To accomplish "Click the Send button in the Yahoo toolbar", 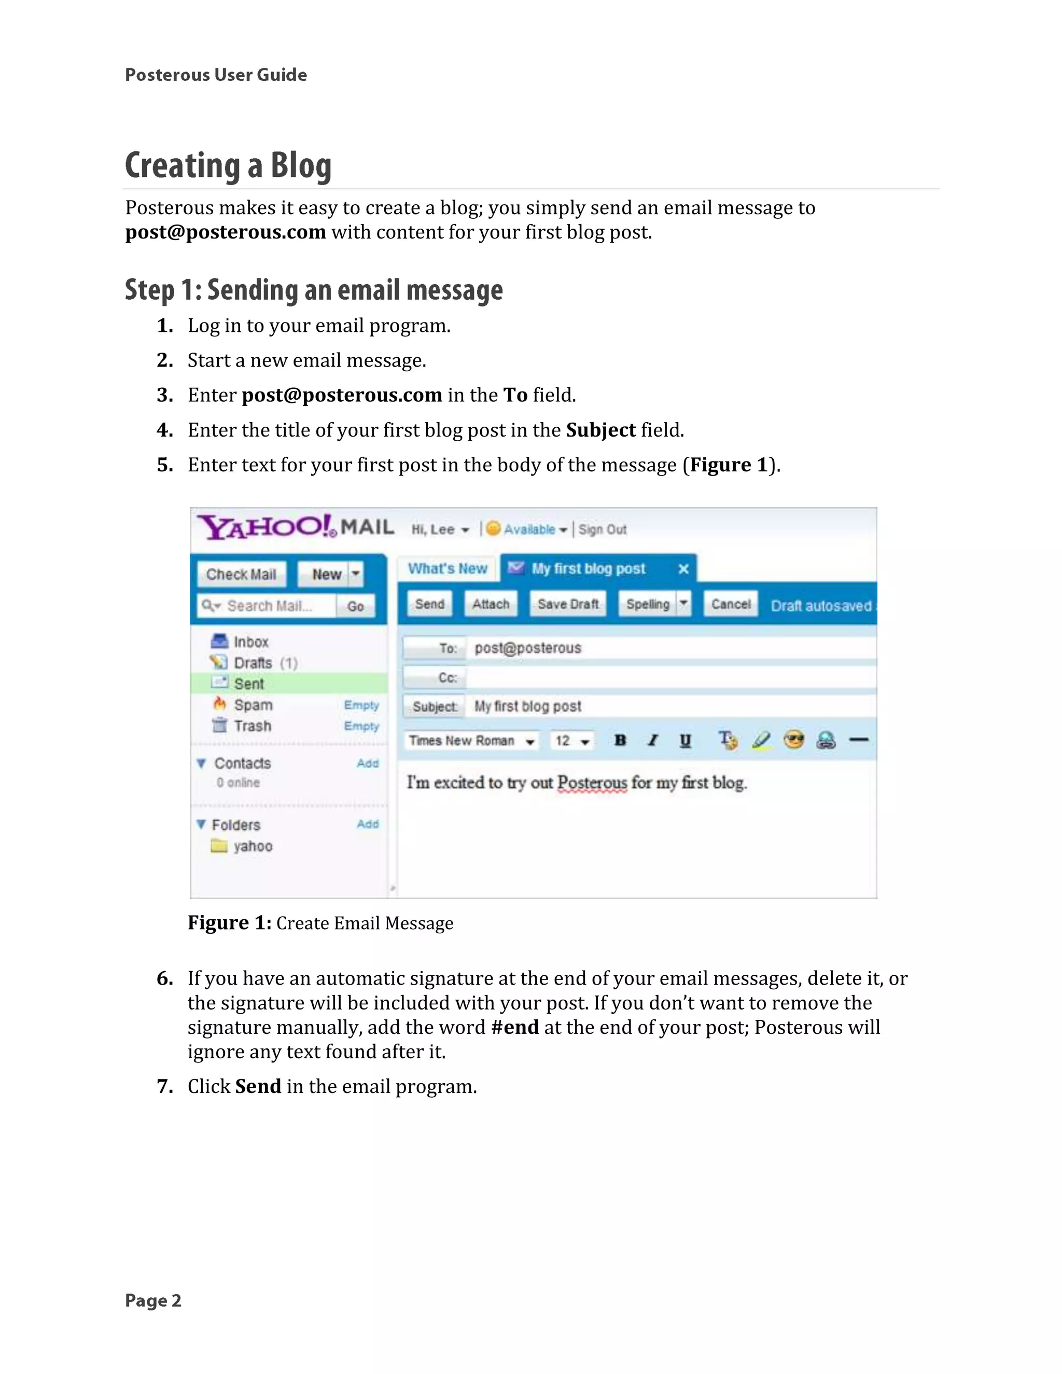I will [430, 604].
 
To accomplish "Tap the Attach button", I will [491, 604].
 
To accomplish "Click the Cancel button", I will [731, 604].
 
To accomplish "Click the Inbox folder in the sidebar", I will [250, 642].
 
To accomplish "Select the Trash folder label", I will [253, 726].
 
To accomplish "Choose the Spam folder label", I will [253, 705].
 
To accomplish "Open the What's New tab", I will [448, 569].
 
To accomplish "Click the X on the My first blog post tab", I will [683, 569].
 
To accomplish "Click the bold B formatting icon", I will [620, 740].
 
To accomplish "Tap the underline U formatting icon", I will [685, 740].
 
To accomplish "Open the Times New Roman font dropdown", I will [471, 741].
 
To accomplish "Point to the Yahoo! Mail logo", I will [296, 527].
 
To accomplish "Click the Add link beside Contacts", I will [368, 763].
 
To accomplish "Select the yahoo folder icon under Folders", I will [219, 846].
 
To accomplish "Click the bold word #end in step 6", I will [514, 1027].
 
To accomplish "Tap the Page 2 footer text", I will [153, 1300].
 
